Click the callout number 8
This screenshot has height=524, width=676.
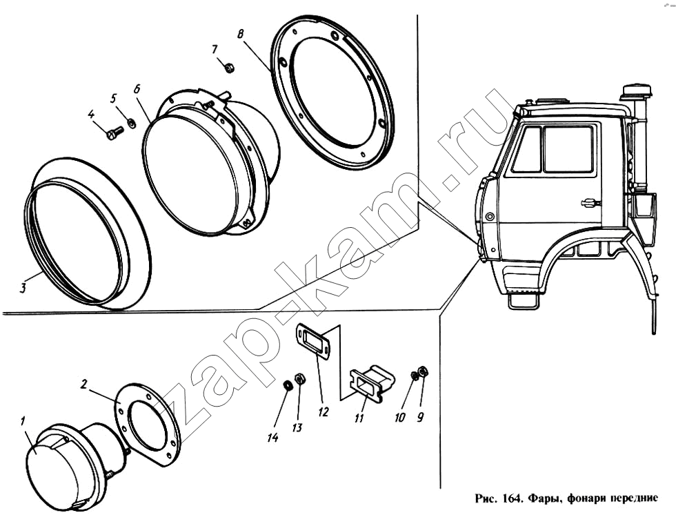241,34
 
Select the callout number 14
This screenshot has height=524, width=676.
272,438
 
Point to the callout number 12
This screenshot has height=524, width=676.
324,412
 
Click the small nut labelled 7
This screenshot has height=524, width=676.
229,68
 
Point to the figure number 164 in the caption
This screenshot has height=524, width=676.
513,498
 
